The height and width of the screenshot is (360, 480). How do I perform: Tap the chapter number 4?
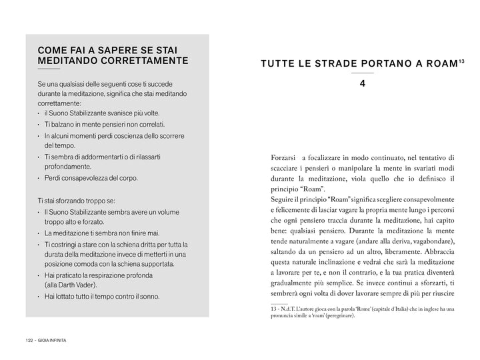click(x=362, y=84)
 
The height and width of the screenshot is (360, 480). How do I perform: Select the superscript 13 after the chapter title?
click(x=462, y=61)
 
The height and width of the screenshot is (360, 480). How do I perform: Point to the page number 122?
click(x=29, y=340)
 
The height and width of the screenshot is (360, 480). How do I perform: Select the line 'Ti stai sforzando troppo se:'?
click(x=77, y=200)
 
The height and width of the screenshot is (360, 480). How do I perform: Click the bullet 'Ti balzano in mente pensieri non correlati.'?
click(x=104, y=125)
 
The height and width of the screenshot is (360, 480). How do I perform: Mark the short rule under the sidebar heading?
click(x=49, y=69)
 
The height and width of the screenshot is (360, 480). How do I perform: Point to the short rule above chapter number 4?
click(x=362, y=73)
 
